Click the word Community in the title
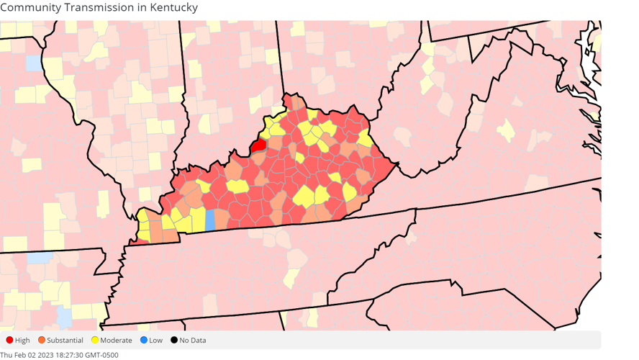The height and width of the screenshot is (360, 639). pos(32,7)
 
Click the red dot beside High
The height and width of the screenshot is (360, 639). pos(9,341)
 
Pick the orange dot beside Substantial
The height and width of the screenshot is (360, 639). pos(42,341)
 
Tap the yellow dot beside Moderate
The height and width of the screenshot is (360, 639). pos(95,341)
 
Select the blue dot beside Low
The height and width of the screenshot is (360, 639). pos(144,341)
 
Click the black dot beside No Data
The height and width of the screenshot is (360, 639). pos(174,341)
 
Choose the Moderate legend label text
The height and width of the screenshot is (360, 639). pos(116,341)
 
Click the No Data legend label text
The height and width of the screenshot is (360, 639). pos(193,341)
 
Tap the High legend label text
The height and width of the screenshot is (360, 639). pos(22,341)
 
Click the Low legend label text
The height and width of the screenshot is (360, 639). pos(155,341)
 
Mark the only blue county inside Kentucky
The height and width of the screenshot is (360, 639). pos(210,220)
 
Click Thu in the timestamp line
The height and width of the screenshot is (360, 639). pos(6,355)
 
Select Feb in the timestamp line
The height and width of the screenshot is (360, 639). pos(18,355)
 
